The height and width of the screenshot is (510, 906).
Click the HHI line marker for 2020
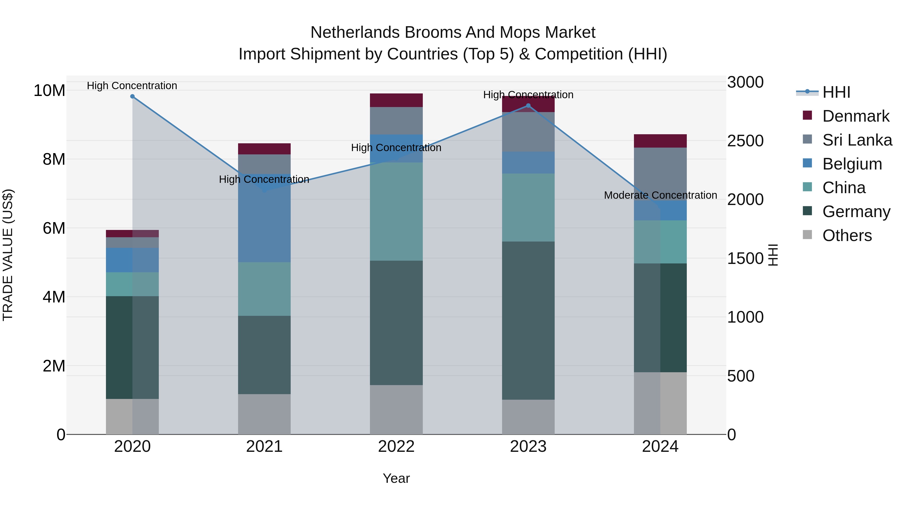pyautogui.click(x=132, y=96)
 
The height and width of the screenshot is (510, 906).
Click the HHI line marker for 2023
pyautogui.click(x=528, y=106)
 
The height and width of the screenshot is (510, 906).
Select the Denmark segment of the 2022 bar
pyautogui.click(x=396, y=100)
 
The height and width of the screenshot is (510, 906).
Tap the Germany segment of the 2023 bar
pyautogui.click(x=528, y=320)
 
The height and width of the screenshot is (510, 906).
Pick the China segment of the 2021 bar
pyautogui.click(x=264, y=289)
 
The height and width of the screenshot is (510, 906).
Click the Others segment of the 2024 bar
pyautogui.click(x=660, y=403)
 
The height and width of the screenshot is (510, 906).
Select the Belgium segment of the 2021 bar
pyautogui.click(x=264, y=218)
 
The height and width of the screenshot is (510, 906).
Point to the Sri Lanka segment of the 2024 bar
pyautogui.click(x=660, y=169)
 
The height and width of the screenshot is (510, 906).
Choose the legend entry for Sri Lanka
pyautogui.click(x=857, y=140)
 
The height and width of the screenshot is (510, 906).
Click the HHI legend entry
pyautogui.click(x=836, y=92)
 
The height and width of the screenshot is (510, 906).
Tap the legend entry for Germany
pyautogui.click(x=856, y=212)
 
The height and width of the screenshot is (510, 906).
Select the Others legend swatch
pyautogui.click(x=808, y=235)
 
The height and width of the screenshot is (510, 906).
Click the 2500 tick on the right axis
pyautogui.click(x=745, y=141)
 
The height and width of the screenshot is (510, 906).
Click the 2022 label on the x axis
pyautogui.click(x=396, y=447)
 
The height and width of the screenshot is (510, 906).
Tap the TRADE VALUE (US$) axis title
pyautogui.click(x=8, y=255)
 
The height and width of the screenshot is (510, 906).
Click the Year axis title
pyautogui.click(x=396, y=478)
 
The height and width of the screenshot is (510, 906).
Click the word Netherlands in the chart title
pyautogui.click(x=355, y=33)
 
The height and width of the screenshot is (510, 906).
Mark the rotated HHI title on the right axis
pyautogui.click(x=773, y=255)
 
